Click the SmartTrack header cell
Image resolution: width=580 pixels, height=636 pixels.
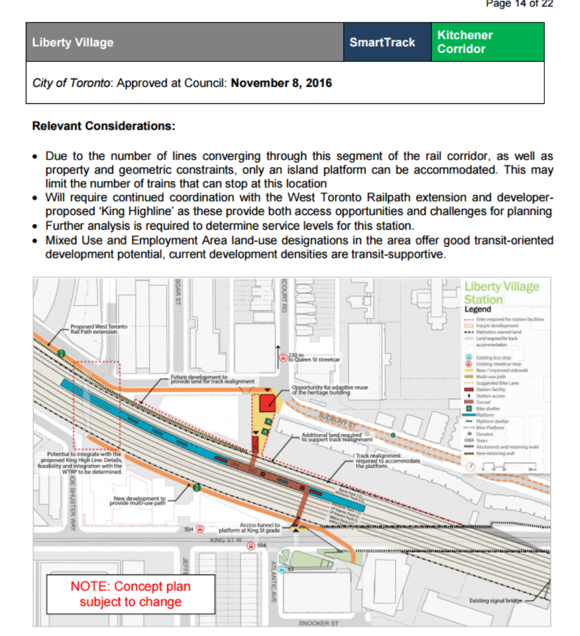(382, 42)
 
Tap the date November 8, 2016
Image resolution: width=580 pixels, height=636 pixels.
(281, 83)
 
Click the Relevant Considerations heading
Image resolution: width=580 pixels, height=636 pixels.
(103, 126)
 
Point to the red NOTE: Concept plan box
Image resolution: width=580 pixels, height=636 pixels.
(130, 594)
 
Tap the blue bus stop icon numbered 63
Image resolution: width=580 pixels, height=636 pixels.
(281, 569)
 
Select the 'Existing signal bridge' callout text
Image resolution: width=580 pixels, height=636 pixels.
(496, 601)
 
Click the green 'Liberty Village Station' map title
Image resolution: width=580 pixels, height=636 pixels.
(501, 293)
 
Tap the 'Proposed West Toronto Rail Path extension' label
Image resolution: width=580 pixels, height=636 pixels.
(98, 329)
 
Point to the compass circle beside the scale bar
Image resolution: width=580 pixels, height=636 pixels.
(471, 467)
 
